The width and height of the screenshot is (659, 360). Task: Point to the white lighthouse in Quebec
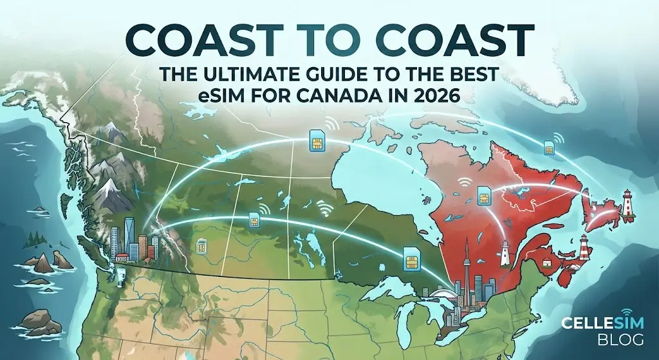tap(506, 252)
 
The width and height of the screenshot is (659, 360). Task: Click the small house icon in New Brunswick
tap(545, 264)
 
